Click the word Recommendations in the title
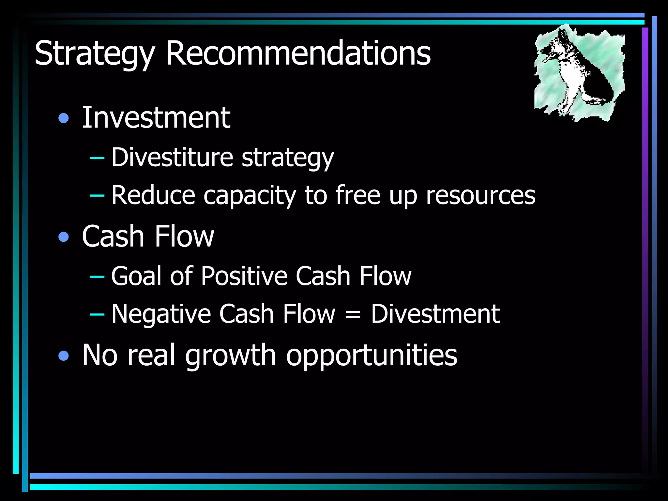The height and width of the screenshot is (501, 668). coord(298,53)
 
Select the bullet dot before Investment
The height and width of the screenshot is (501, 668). coord(64,118)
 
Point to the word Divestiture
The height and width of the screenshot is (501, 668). coord(172,157)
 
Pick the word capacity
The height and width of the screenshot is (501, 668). coord(250,196)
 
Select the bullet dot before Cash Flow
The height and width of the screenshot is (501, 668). coord(64,237)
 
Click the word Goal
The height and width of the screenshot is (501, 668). coord(136,276)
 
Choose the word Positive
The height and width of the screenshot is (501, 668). coord(244,276)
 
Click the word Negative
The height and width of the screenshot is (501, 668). coord(161,314)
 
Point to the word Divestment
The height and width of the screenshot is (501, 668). coord(435,314)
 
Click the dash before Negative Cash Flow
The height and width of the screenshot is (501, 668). coord(97,314)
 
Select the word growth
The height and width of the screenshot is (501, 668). coord(231,356)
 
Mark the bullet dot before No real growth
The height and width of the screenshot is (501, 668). coord(64,356)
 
